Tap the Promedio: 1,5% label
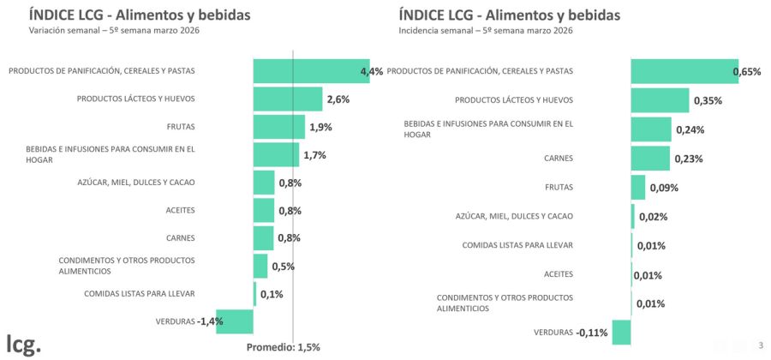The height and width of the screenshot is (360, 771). (283, 347)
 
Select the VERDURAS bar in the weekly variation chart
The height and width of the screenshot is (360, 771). (235, 321)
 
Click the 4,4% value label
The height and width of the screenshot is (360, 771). (371, 71)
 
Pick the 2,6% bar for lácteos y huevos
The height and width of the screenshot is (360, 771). (288, 99)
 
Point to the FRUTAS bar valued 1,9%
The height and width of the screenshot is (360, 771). (279, 127)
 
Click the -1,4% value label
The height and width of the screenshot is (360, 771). (210, 321)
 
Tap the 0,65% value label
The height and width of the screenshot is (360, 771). (747, 72)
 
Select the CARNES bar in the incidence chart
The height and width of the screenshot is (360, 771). (650, 159)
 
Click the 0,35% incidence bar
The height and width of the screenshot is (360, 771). (660, 100)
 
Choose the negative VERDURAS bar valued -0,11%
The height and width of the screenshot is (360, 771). (621, 332)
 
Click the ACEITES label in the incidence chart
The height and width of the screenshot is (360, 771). (559, 274)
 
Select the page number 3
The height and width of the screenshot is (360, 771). (761, 345)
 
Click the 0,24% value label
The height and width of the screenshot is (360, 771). (690, 130)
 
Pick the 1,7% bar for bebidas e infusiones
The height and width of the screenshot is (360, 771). (276, 155)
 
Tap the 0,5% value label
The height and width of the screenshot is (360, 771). (283, 267)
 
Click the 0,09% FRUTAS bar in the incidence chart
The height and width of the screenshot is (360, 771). (638, 188)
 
